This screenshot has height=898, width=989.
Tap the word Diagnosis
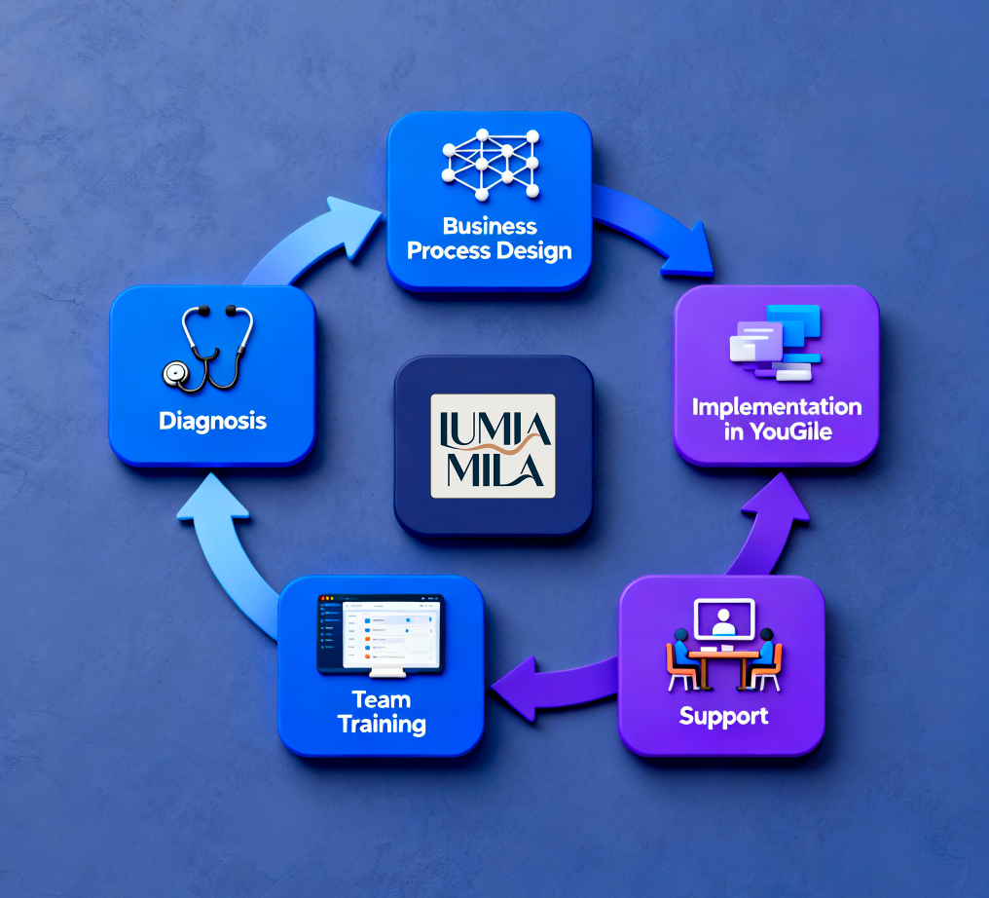point(212,421)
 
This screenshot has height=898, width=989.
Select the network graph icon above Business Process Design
point(490,165)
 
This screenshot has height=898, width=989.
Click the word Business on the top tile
point(490,226)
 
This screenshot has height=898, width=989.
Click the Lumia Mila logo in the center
point(493,446)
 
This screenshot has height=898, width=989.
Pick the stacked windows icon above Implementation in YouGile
point(775,343)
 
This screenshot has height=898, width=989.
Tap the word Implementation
point(777,407)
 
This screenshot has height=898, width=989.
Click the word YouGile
point(791,431)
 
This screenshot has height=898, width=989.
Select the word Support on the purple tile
point(723,716)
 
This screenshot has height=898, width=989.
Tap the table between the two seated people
point(723,668)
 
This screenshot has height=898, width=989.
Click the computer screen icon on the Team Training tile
point(381,635)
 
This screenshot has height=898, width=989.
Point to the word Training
point(382,725)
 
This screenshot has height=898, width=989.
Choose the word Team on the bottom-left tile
point(381,700)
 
